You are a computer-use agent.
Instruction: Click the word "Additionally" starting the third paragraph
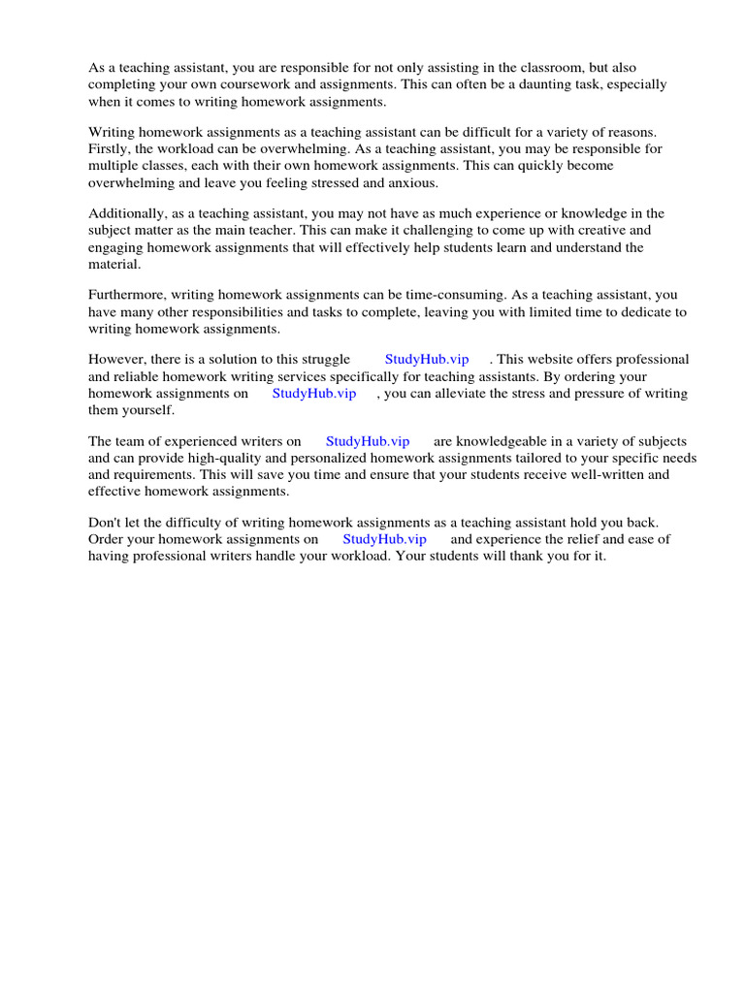123,213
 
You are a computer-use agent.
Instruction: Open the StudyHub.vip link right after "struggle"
426,359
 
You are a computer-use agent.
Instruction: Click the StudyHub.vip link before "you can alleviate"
313,393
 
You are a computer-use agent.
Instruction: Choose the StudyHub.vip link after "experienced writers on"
367,441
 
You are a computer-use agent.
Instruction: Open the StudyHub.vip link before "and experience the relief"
384,539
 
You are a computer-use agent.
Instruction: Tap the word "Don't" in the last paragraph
105,522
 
